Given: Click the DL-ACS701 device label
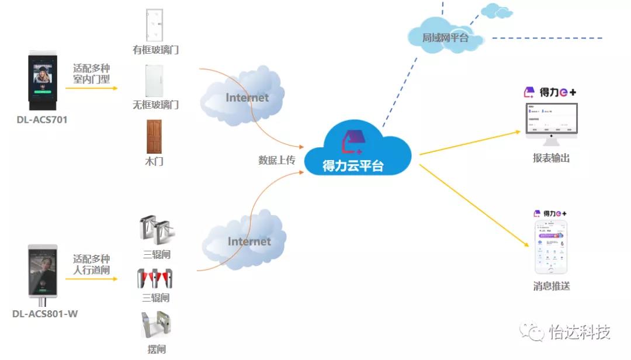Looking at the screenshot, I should [x=42, y=120].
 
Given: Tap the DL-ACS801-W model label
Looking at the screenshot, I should [x=45, y=314].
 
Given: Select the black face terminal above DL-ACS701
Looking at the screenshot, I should [x=43, y=81].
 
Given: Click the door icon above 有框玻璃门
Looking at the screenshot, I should [x=155, y=26].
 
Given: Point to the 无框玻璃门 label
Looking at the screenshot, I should [x=155, y=105].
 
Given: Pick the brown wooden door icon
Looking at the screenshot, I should [x=154, y=137].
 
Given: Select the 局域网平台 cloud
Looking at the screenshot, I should [x=445, y=37].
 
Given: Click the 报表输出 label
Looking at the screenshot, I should [x=551, y=158].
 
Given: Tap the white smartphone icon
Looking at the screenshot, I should [x=551, y=248].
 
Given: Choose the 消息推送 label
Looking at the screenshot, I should [x=551, y=286].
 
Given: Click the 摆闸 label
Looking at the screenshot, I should [x=156, y=349].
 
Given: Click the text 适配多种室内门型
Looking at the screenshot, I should [x=92, y=74].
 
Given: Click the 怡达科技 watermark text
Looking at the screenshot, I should [x=580, y=333].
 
